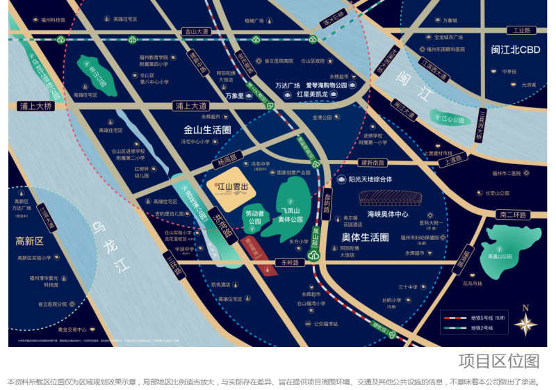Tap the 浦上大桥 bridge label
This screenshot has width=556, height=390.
point(35,106)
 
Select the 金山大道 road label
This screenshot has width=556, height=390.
point(195,31)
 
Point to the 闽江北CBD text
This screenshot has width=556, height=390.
point(515,50)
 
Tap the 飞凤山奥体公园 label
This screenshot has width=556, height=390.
point(295,214)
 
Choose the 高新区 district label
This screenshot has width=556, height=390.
point(29,241)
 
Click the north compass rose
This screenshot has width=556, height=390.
point(525,323)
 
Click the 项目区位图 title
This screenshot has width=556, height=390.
point(498,361)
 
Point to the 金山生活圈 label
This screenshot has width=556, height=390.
point(207,130)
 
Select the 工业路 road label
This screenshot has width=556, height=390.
point(521,31)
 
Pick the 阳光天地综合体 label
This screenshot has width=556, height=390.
point(379,179)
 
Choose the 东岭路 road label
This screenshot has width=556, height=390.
point(285,263)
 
